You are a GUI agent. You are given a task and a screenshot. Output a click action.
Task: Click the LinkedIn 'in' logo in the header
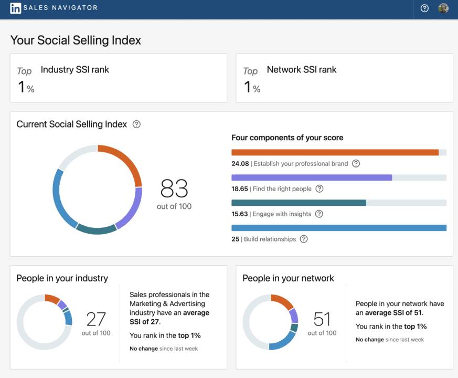16,8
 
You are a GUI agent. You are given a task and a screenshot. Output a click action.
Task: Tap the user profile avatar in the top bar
443,8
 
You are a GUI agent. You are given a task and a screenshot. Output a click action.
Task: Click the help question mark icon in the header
425,8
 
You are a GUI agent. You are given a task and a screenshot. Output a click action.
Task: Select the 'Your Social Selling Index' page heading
76,40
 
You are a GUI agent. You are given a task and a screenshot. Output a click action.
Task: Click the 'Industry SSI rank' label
75,69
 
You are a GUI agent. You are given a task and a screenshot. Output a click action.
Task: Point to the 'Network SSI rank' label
302,69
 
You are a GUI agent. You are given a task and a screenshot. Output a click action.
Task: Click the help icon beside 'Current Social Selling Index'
136,124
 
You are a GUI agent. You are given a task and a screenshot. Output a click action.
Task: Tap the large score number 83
174,188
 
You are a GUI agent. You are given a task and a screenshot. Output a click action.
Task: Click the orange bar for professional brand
335,152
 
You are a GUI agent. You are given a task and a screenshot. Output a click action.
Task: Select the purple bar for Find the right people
312,177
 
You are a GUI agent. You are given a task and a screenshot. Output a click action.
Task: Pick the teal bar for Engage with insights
299,203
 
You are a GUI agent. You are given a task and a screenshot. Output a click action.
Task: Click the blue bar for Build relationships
339,228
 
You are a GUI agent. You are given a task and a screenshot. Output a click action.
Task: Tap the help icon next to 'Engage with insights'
319,214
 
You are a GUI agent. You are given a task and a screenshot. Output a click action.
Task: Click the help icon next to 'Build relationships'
304,239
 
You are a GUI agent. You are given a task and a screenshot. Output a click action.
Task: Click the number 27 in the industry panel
96,319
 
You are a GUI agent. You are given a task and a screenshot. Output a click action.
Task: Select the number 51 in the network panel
322,319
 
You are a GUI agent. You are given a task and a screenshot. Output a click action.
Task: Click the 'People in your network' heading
288,278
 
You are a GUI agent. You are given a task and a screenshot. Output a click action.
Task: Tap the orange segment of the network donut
284,301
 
